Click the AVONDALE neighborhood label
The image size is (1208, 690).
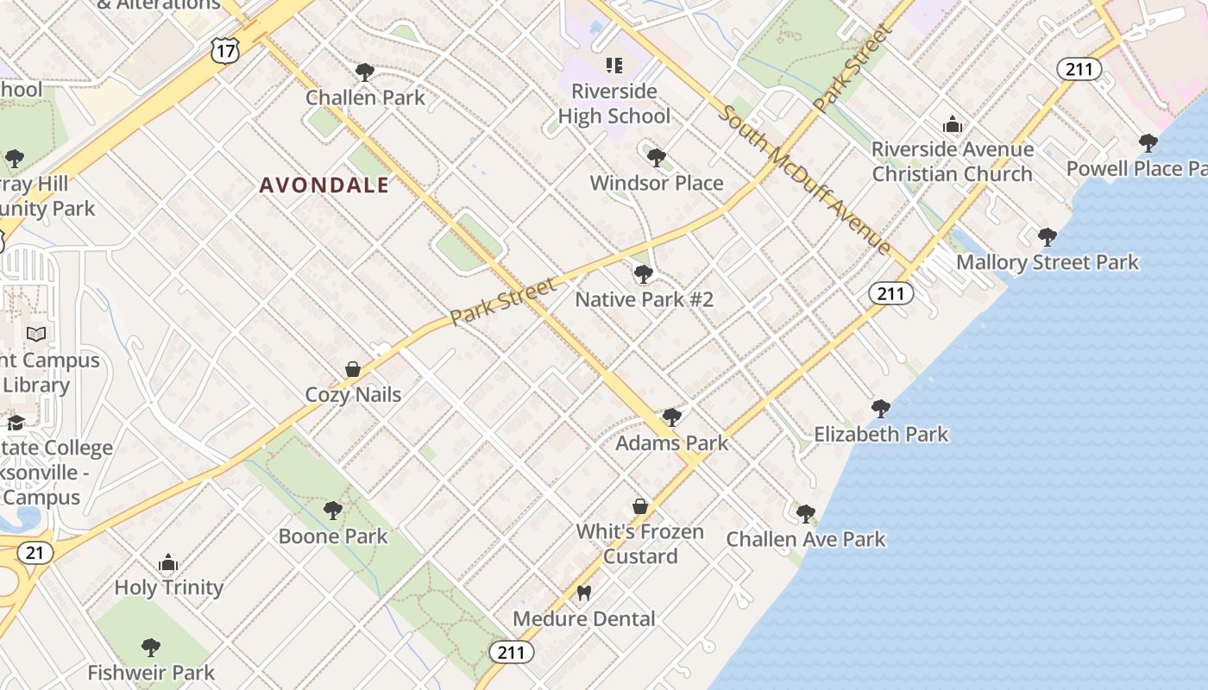[x=324, y=185]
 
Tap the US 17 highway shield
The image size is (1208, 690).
[x=224, y=51]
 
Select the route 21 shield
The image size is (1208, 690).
[x=35, y=553]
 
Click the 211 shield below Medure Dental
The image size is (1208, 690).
[x=511, y=652]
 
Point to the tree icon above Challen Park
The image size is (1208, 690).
[x=365, y=72]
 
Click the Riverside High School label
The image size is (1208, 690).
[x=613, y=103]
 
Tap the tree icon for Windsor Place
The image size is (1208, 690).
[x=657, y=158]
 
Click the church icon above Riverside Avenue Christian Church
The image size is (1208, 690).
[x=953, y=125]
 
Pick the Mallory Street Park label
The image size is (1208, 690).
[x=1048, y=262]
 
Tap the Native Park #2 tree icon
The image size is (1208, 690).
[x=644, y=274]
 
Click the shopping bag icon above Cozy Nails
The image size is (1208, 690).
[x=353, y=369]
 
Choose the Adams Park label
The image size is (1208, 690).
[x=671, y=442]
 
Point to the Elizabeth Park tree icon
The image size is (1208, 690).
[x=881, y=409]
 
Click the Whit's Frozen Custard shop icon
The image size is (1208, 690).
[x=640, y=506]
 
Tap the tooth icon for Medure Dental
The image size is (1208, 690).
[x=584, y=593]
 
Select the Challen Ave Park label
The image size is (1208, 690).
[x=806, y=539]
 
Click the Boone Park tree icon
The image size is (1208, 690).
[x=333, y=511]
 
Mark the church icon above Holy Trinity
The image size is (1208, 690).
[x=168, y=563]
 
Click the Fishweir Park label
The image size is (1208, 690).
[x=151, y=672]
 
